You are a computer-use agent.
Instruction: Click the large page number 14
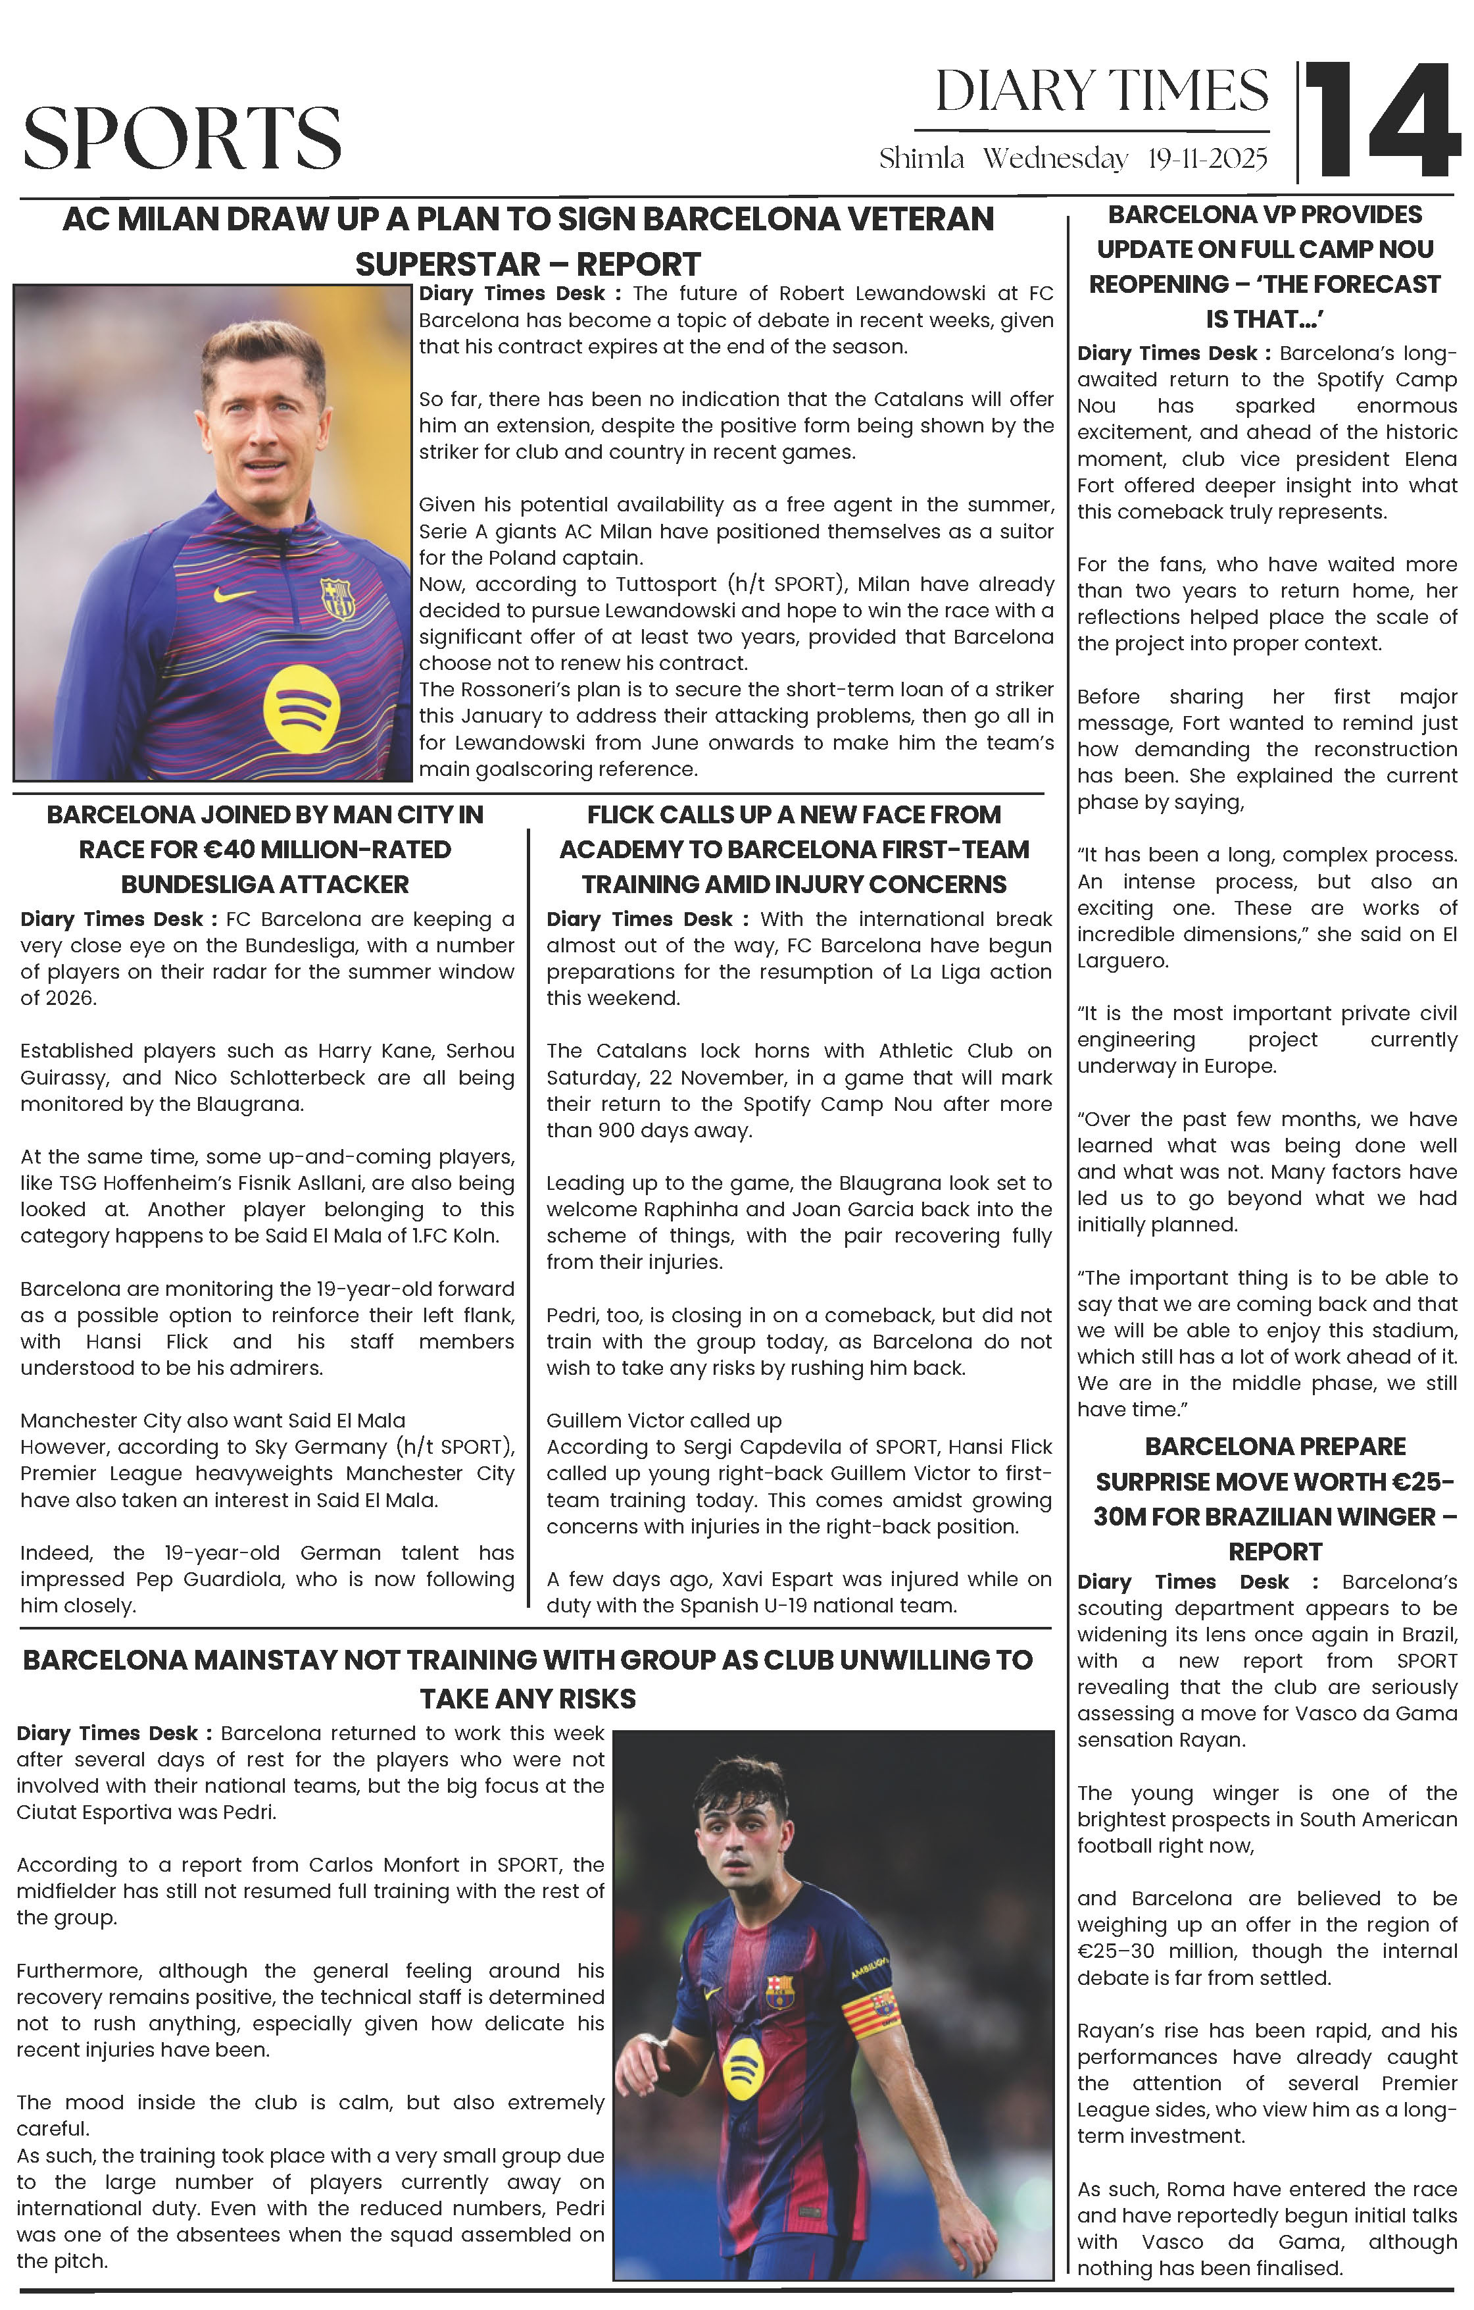click(x=1381, y=122)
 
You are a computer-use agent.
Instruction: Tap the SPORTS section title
click(x=182, y=137)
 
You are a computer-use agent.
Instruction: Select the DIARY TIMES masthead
click(x=1101, y=92)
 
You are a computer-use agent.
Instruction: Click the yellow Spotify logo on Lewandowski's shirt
click(x=300, y=709)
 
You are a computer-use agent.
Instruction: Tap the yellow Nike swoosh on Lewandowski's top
click(x=234, y=594)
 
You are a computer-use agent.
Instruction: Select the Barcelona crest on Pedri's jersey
click(x=779, y=1991)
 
